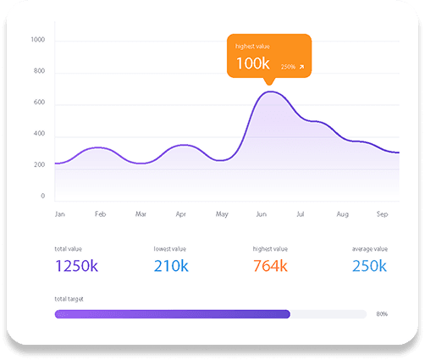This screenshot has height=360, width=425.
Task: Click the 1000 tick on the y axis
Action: [38, 40]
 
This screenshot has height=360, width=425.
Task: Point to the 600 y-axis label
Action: [39, 102]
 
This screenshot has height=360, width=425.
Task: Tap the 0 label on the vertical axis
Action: [43, 196]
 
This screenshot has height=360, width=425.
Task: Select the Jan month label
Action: [60, 214]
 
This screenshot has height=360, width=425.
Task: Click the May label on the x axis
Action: [222, 214]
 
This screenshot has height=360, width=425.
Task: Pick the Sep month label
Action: [382, 214]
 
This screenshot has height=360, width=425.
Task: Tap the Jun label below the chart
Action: [262, 214]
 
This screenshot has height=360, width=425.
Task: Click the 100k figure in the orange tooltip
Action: [253, 63]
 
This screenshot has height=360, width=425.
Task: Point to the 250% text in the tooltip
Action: [288, 67]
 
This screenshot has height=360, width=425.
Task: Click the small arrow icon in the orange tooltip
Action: [301, 67]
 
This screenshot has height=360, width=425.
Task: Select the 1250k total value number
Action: [77, 266]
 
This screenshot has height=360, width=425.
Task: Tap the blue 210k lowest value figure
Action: [171, 266]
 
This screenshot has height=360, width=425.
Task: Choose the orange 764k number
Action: [270, 266]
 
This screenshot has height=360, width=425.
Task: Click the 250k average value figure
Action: [369, 266]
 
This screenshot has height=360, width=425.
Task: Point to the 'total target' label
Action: [69, 299]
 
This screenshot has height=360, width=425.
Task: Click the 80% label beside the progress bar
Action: [382, 314]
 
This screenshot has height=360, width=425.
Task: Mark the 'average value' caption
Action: [370, 249]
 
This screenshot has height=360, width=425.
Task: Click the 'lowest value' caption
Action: [170, 249]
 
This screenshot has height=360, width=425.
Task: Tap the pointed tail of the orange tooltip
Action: [269, 85]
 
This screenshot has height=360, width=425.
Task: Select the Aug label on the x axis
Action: [343, 214]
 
